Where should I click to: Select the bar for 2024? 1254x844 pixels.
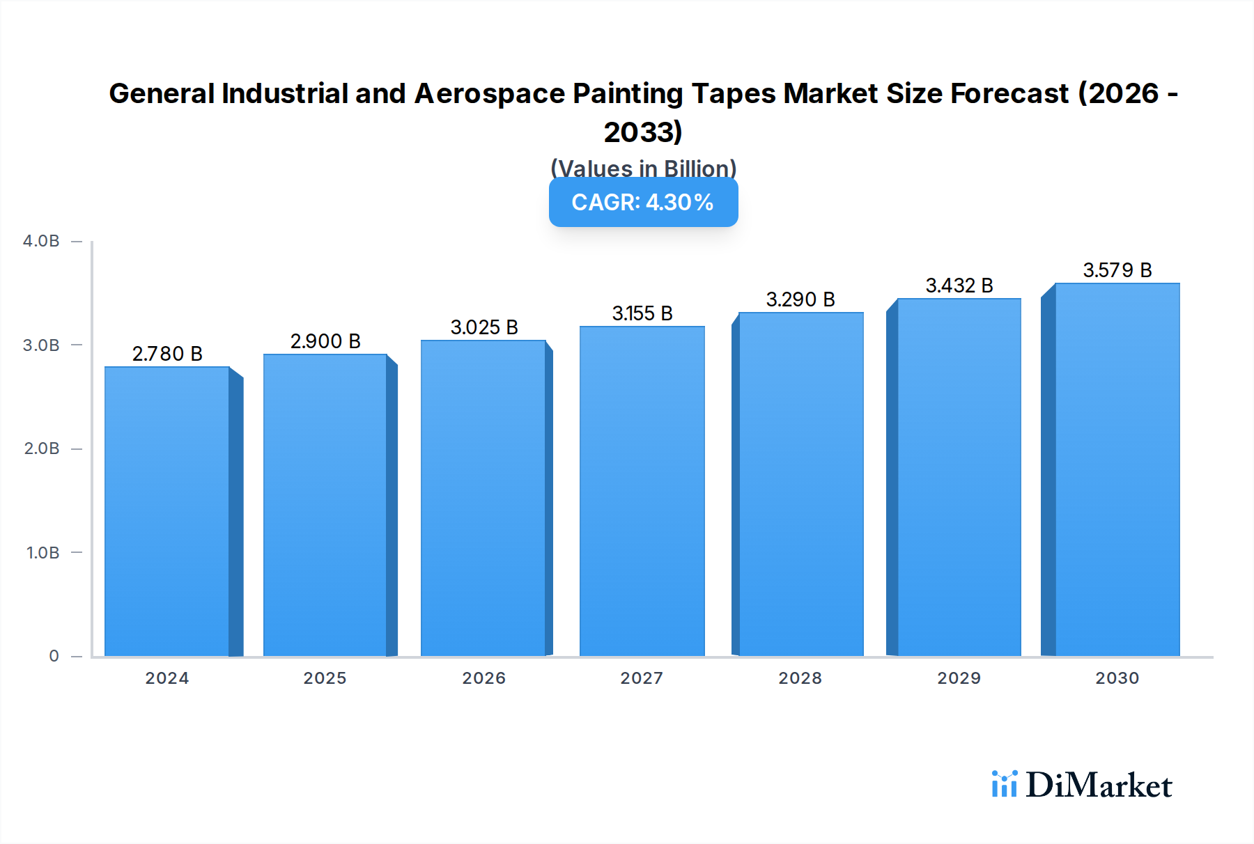click(167, 512)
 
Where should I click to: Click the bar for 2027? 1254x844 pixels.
click(642, 491)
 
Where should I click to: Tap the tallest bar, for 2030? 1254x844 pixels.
click(1117, 470)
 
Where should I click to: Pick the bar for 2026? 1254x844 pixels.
click(483, 498)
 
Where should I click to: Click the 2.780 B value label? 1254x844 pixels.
click(167, 354)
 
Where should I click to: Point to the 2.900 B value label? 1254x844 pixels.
click(325, 341)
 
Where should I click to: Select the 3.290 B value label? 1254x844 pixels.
click(800, 299)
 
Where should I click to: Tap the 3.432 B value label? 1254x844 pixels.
click(959, 286)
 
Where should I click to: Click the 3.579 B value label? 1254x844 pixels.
click(1117, 270)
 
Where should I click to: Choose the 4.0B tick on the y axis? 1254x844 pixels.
click(41, 241)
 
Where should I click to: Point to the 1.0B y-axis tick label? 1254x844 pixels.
click(42, 553)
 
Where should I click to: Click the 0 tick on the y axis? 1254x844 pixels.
click(54, 656)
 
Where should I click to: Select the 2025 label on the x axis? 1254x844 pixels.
click(325, 678)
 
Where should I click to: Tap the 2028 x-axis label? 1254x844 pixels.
click(800, 678)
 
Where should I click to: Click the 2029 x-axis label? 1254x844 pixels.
click(959, 678)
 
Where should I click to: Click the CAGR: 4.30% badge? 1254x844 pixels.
click(643, 203)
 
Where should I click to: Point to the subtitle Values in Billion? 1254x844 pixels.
click(643, 169)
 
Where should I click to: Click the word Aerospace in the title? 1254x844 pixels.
click(489, 93)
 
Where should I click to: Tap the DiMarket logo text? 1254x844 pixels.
click(1099, 786)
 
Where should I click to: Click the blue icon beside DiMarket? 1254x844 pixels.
click(1004, 784)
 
